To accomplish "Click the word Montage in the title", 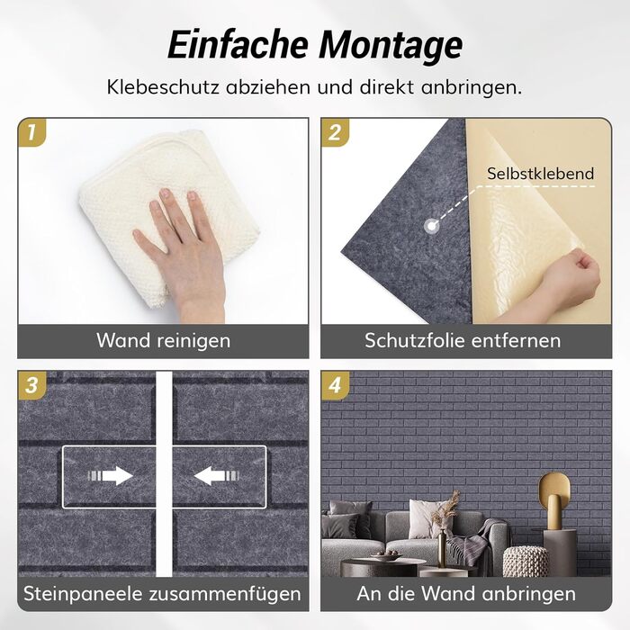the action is pyautogui.click(x=391, y=45).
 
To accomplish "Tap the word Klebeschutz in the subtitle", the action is pyautogui.click(x=163, y=87).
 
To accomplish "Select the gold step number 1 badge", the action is pyautogui.click(x=31, y=132).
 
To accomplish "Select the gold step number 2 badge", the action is pyautogui.click(x=335, y=132).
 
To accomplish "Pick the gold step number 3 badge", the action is pyautogui.click(x=32, y=385).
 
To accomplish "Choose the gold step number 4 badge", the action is pyautogui.click(x=335, y=385).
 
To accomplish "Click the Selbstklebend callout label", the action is pyautogui.click(x=540, y=174).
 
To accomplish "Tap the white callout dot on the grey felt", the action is pyautogui.click(x=431, y=226).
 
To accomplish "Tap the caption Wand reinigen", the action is pyautogui.click(x=164, y=341).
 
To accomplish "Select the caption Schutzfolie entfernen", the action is pyautogui.click(x=463, y=341).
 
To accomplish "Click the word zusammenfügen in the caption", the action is pyautogui.click(x=225, y=594).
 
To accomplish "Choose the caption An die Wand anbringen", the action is pyautogui.click(x=466, y=593).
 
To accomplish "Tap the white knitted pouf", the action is pyautogui.click(x=525, y=562).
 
